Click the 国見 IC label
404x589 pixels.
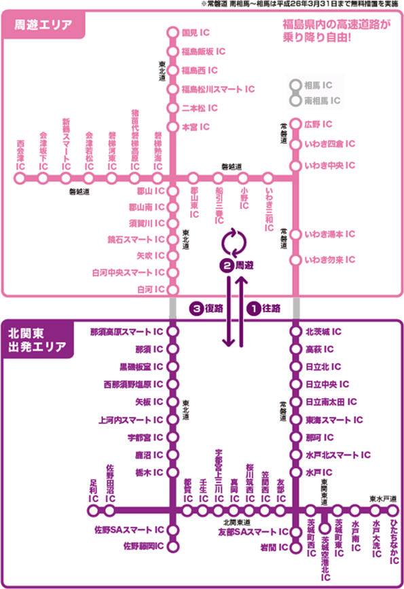(198, 32)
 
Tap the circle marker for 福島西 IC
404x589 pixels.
(172, 70)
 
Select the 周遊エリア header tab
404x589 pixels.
(45, 26)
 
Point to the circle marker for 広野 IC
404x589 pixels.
(295, 125)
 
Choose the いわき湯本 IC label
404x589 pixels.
(330, 234)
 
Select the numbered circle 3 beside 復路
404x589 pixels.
(196, 307)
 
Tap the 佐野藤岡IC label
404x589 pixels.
(143, 546)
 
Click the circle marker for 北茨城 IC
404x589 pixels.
(295, 332)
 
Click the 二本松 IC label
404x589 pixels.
(200, 108)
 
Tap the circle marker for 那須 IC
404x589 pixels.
(172, 349)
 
